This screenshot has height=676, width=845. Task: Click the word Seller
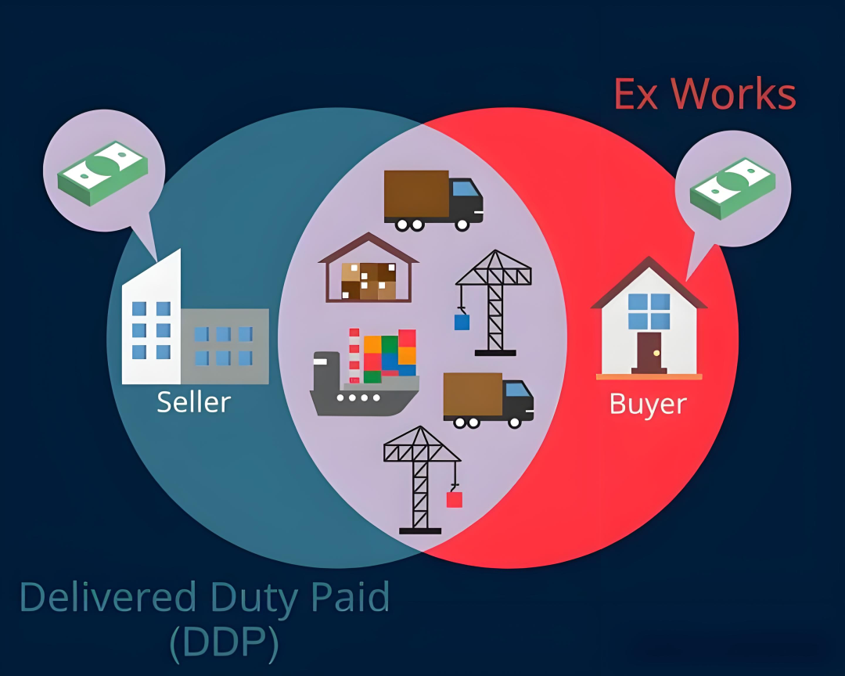(x=193, y=402)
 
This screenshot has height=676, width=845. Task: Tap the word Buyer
(x=648, y=405)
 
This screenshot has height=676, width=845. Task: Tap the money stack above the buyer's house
(x=732, y=188)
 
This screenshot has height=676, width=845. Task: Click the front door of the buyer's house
(x=649, y=352)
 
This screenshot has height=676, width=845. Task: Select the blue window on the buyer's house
(x=649, y=311)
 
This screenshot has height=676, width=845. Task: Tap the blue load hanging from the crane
(x=462, y=322)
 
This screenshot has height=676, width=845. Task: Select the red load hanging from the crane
(x=454, y=498)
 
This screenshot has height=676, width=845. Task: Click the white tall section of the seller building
(x=152, y=329)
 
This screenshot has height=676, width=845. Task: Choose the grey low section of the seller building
(x=225, y=346)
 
